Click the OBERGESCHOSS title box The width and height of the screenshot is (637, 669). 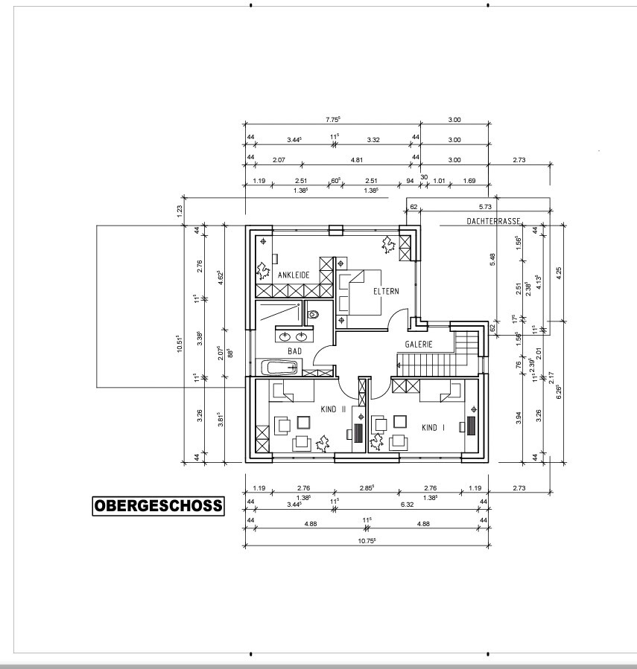point(158,506)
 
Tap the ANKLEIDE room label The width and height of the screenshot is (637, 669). point(294,275)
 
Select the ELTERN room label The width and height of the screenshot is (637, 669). point(386,292)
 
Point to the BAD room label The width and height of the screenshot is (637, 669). point(294,351)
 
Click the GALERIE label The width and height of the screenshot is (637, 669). point(419,345)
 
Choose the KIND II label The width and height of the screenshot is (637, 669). point(333,409)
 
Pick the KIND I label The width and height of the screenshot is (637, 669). point(433,427)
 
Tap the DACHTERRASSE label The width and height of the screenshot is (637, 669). point(493,221)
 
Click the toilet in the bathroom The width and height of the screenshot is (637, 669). point(314,315)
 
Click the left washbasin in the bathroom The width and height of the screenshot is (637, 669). point(285,337)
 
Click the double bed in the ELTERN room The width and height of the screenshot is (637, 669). point(359,292)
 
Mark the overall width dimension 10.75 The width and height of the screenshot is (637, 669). point(367,540)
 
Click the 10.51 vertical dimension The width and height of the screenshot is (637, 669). point(180,344)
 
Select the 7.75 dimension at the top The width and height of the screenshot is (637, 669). point(332,120)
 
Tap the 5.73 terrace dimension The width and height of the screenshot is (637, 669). point(485,207)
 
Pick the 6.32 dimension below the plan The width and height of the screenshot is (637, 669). point(407,505)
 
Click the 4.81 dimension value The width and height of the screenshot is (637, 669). point(357,160)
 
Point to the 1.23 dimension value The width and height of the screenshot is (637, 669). point(180,210)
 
